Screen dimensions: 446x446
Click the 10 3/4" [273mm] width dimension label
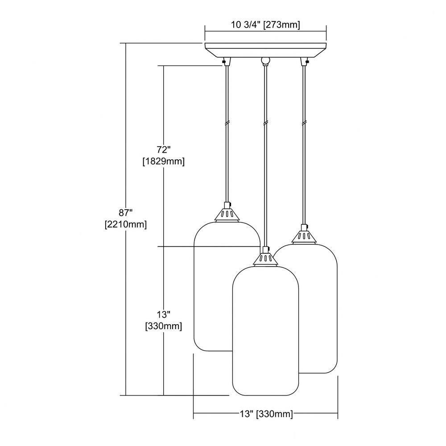(x=265, y=25)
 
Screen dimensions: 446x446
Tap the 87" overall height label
(x=126, y=212)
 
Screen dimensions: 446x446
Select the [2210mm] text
(x=126, y=225)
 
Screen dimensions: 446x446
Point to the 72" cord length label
(x=163, y=149)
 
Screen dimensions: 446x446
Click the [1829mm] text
(x=163, y=161)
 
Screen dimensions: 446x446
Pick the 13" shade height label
(x=163, y=314)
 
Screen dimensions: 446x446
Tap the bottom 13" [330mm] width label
(x=266, y=413)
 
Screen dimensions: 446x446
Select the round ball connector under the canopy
(x=265, y=61)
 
